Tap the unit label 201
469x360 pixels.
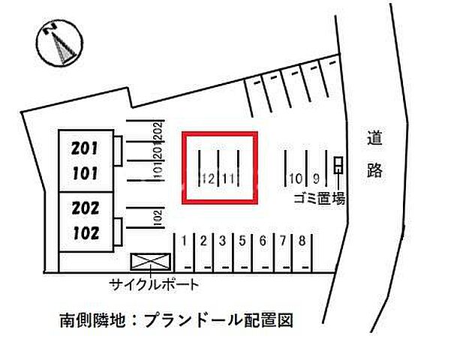click(85, 149)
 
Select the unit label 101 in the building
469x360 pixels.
click(85, 173)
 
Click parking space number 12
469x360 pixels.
click(209, 178)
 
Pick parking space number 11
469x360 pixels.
click(230, 178)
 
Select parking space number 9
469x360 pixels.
click(317, 178)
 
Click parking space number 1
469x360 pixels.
click(185, 241)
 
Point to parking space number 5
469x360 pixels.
click(242, 241)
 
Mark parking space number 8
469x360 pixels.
click(302, 241)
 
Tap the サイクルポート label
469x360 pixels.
click(154, 284)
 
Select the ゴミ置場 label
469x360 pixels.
click(320, 198)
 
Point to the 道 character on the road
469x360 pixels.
click(375, 139)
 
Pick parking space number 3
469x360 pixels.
click(223, 241)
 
